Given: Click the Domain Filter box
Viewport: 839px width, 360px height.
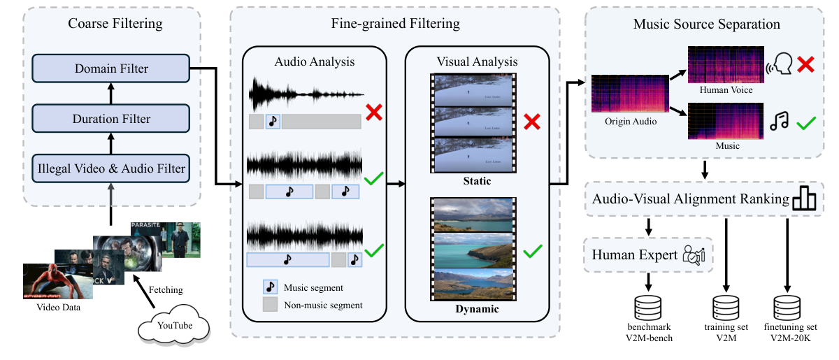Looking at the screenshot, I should tap(111, 69).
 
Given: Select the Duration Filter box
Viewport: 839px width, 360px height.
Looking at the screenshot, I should tap(111, 119).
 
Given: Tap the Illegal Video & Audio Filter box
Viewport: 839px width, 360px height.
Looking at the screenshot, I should tap(111, 168).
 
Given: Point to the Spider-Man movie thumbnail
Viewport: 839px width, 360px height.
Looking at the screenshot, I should tap(48, 282).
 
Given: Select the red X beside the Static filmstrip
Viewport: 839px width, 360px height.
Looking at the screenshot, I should tap(533, 123).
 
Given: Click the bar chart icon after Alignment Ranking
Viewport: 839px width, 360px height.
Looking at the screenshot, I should tap(804, 199).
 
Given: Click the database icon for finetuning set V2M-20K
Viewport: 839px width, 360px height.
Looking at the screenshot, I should tap(788, 306).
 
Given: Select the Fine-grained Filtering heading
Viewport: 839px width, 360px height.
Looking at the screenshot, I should tap(395, 24).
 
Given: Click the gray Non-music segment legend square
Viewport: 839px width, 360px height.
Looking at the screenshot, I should tap(270, 305).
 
